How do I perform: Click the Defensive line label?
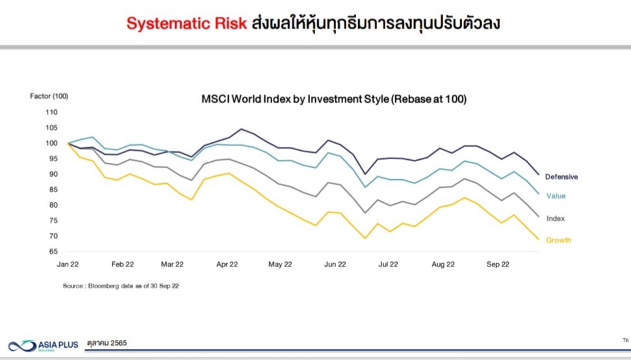coord(561,177)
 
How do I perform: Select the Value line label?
coord(556,196)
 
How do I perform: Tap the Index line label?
coord(556,218)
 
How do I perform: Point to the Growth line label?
coord(559,240)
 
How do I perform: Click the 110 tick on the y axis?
coord(51,112)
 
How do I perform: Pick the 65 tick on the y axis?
coord(53,251)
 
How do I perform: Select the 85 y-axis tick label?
coord(53,190)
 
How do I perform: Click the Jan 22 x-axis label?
coord(68,264)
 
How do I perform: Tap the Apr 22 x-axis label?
coord(227,264)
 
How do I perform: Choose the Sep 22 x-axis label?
coord(498,264)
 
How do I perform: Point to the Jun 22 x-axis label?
coord(335,264)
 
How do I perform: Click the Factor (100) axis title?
coord(49,96)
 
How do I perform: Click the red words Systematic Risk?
coord(187,23)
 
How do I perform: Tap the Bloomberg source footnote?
coord(121,286)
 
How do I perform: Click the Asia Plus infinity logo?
coord(23,346)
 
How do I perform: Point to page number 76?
coord(626,341)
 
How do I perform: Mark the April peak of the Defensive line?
coord(241,129)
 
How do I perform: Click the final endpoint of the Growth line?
coord(539,239)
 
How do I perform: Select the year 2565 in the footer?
coord(119,343)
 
